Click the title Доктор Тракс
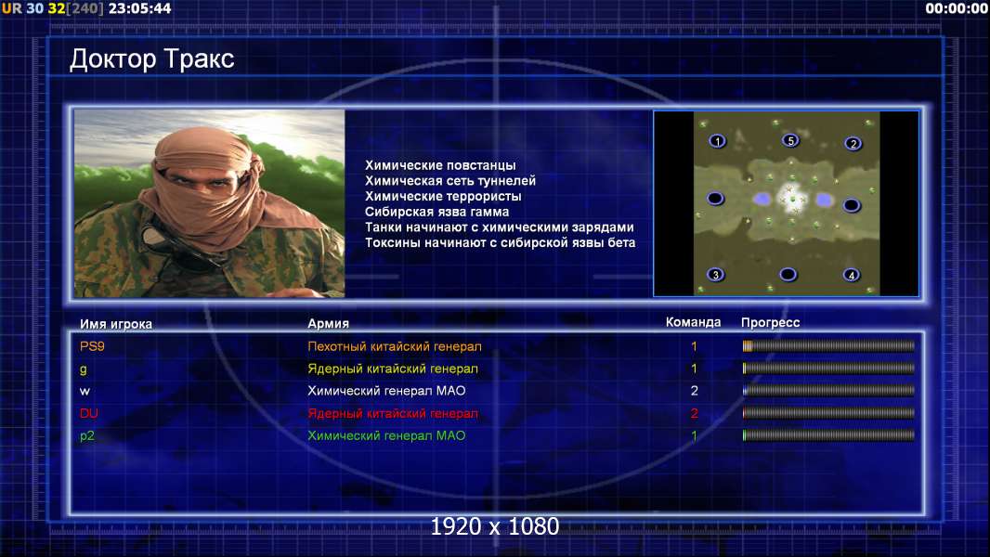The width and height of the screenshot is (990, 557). pyautogui.click(x=151, y=59)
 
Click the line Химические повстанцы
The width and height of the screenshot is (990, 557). pyautogui.click(x=440, y=165)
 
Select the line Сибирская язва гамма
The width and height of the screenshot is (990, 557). pyautogui.click(x=436, y=212)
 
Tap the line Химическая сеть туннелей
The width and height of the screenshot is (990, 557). pyautogui.click(x=450, y=181)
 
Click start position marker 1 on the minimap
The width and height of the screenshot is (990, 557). pyautogui.click(x=717, y=141)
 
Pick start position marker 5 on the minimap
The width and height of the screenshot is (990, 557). pyautogui.click(x=790, y=140)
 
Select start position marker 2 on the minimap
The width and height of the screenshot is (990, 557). pyautogui.click(x=853, y=144)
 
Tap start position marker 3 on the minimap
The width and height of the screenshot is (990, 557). pyautogui.click(x=715, y=275)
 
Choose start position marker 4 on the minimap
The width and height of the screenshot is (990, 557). pyautogui.click(x=851, y=275)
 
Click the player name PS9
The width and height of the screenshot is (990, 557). pyautogui.click(x=92, y=346)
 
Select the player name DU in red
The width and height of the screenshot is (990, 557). pyautogui.click(x=89, y=413)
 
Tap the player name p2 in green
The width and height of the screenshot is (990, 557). pyautogui.click(x=87, y=436)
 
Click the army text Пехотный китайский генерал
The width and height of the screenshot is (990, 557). pyautogui.click(x=395, y=346)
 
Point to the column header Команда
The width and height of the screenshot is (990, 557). pyautogui.click(x=693, y=322)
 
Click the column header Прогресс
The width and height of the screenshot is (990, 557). pyautogui.click(x=770, y=323)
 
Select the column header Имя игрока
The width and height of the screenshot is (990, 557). pyautogui.click(x=115, y=324)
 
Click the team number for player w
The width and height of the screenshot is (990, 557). pyautogui.click(x=694, y=391)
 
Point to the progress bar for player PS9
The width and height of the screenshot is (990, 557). pyautogui.click(x=828, y=345)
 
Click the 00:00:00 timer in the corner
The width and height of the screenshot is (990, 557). pyautogui.click(x=956, y=9)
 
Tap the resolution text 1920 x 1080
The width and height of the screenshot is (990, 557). pyautogui.click(x=495, y=526)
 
